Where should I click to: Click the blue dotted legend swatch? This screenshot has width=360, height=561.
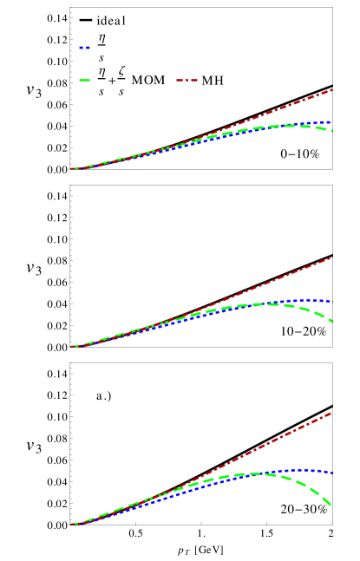coord(84,48)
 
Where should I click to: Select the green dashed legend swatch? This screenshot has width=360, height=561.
coord(84,81)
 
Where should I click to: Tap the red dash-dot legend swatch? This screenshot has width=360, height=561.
coord(187,81)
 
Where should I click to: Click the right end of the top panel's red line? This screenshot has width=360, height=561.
coord(332,89)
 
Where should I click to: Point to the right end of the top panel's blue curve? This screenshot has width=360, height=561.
coord(332,122)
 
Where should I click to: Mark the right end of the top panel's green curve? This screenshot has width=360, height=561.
coord(332,131)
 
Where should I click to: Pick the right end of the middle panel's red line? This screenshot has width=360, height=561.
coord(332,258)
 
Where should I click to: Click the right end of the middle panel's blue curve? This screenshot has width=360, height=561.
coord(332,301)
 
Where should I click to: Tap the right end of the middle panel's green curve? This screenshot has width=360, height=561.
coord(332,322)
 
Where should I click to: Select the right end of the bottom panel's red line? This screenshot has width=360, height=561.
coord(332,413)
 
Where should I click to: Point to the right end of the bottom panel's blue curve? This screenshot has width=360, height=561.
coord(332,473)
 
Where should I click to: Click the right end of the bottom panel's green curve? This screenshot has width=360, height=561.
coord(331,506)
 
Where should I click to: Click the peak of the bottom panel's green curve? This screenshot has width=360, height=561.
coord(256,473)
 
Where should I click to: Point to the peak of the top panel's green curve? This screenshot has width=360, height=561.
coord(295,126)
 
